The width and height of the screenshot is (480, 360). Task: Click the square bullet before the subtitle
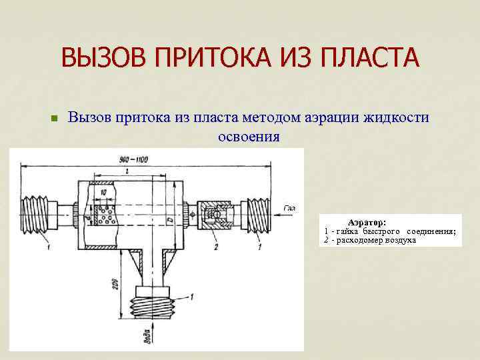pyautogui.click(x=55, y=119)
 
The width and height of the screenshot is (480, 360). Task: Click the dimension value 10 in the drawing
pyautogui.click(x=102, y=192)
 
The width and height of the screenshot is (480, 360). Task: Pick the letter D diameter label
pyautogui.click(x=171, y=220)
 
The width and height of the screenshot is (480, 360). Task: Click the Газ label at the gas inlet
pyautogui.click(x=289, y=208)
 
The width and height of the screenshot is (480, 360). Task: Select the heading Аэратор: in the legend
pyautogui.click(x=371, y=222)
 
